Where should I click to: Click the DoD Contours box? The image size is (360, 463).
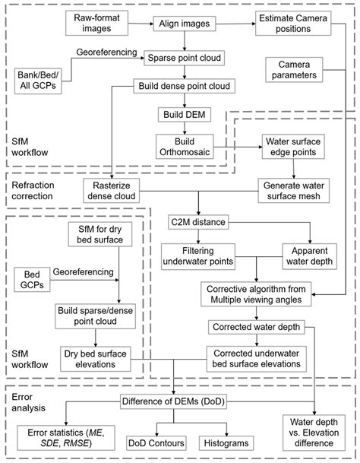[x=156, y=441]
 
